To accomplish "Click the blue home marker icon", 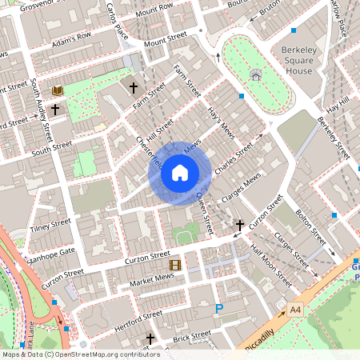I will click(180, 172).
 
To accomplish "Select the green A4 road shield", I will click(296, 309).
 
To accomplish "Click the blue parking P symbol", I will click(219, 308).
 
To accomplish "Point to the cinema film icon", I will click(174, 265).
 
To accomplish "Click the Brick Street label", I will click(192, 335).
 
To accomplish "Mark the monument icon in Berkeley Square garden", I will click(255, 74).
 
